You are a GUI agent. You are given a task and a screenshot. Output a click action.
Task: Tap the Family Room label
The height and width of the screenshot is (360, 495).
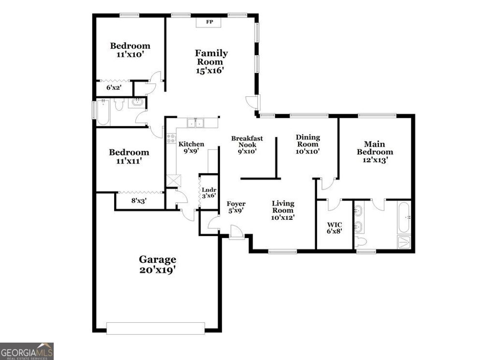(211, 61)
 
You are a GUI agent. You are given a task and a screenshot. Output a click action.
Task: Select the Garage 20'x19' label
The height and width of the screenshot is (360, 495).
(158, 265)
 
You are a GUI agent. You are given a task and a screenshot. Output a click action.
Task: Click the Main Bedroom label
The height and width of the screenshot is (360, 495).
(375, 152)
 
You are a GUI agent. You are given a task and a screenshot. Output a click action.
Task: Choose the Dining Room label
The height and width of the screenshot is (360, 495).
(308, 144)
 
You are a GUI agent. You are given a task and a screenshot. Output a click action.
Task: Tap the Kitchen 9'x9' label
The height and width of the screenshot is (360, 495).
(191, 148)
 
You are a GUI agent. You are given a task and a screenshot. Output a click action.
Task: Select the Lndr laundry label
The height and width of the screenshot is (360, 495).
(209, 193)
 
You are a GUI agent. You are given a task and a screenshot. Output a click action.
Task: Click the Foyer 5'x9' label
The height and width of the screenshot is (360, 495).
(236, 207)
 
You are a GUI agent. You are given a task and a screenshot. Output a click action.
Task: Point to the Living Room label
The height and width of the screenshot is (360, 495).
(283, 210)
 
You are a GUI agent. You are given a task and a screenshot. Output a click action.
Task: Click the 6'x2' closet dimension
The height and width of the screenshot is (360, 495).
(114, 88)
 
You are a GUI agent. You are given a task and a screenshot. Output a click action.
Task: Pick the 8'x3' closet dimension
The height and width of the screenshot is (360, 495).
(139, 200)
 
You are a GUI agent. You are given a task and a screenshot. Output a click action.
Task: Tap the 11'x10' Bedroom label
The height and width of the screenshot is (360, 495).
(130, 50)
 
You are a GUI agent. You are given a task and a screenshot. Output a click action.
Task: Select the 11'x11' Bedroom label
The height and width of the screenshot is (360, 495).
(129, 157)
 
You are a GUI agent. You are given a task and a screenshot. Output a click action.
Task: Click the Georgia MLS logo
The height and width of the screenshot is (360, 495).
(27, 351)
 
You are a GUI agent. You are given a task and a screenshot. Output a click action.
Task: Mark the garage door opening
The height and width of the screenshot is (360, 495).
(155, 329)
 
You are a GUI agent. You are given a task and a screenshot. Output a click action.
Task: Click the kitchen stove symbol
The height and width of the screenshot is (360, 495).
(171, 138)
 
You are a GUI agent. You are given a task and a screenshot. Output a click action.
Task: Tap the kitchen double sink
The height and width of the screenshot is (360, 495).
(196, 122)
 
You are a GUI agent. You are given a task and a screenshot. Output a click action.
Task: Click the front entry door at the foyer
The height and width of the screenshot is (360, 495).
(236, 233)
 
